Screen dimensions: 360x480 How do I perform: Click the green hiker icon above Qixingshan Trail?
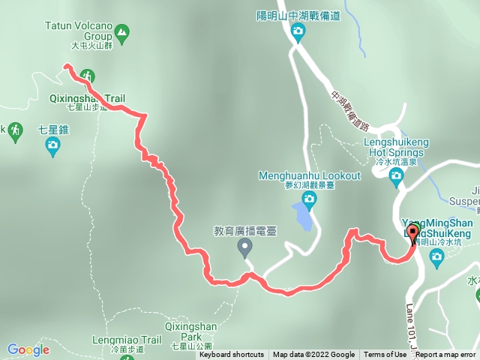88,76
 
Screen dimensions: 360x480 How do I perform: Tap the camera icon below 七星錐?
52,146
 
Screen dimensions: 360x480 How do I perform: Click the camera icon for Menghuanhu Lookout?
310,199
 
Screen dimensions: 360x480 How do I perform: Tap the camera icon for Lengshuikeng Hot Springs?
397,175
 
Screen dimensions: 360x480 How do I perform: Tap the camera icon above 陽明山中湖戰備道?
298,31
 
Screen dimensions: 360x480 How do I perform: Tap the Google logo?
28,349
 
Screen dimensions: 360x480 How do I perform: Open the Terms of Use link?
383,355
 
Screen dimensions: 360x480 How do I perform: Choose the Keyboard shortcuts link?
231,355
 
